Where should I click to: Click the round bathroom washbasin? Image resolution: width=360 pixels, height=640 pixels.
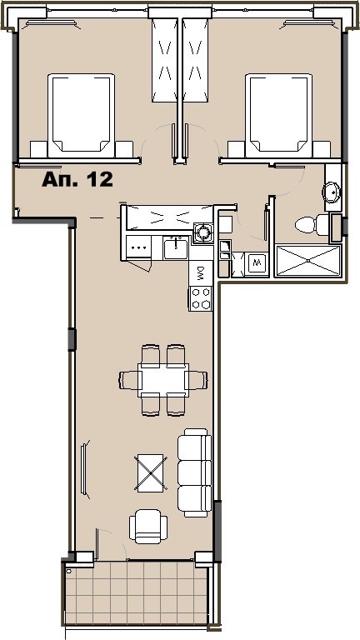332,192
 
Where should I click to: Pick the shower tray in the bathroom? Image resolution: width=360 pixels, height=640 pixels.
307,260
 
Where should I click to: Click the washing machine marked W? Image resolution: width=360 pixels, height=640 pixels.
257,264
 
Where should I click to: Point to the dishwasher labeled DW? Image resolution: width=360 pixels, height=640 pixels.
201,272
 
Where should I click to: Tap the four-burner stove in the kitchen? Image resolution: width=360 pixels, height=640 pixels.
201,297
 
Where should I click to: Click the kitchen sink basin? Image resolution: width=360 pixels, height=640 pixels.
176,247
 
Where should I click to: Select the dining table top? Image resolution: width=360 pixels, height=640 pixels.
163,380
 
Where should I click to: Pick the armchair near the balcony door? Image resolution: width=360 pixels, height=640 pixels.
148,526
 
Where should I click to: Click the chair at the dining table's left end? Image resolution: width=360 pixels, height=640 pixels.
128,380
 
